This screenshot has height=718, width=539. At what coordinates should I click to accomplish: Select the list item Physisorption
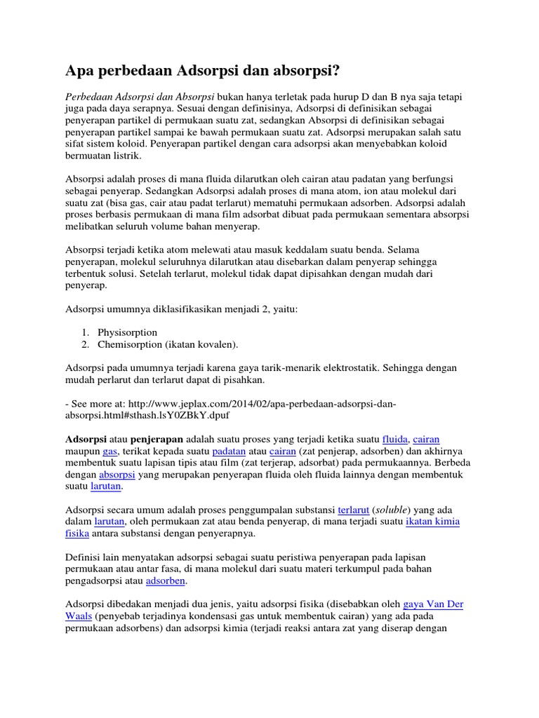pos(128,332)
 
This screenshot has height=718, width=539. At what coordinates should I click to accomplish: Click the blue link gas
pos(110,451)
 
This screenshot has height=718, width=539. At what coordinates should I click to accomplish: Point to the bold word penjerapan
pos(152,438)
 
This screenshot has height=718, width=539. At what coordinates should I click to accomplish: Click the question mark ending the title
pos(340,70)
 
